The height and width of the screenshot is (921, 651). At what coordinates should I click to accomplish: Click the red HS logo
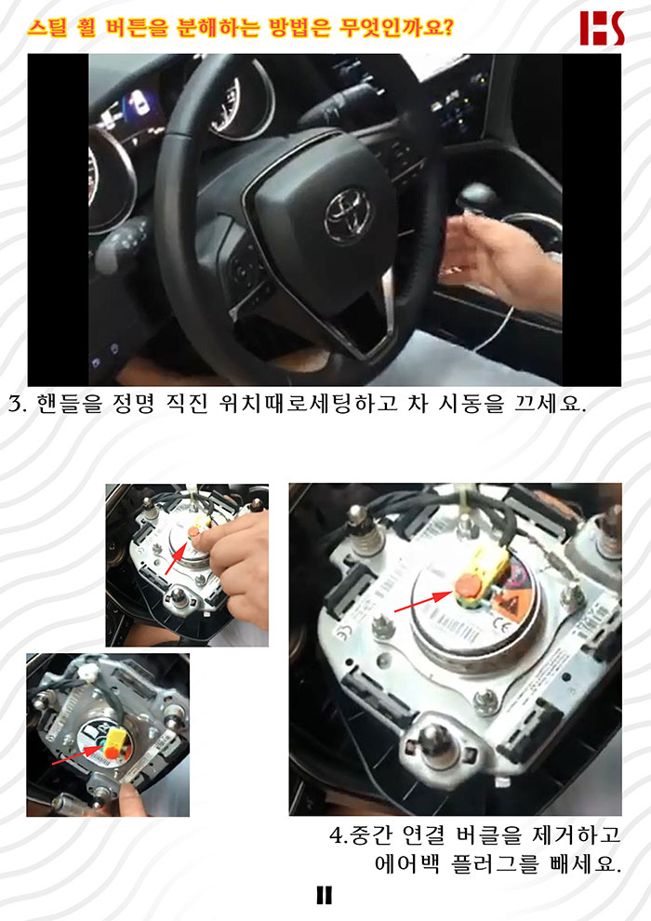click(x=602, y=28)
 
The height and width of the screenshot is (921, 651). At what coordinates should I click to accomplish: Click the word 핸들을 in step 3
click(x=69, y=404)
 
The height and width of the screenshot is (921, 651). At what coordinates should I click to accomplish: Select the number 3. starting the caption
click(x=17, y=405)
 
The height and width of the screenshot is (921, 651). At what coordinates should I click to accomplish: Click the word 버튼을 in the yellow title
click(x=137, y=27)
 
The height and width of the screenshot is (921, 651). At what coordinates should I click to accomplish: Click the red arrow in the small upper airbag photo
click(x=177, y=558)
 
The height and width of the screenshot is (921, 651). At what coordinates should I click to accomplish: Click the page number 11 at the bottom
click(x=324, y=895)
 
